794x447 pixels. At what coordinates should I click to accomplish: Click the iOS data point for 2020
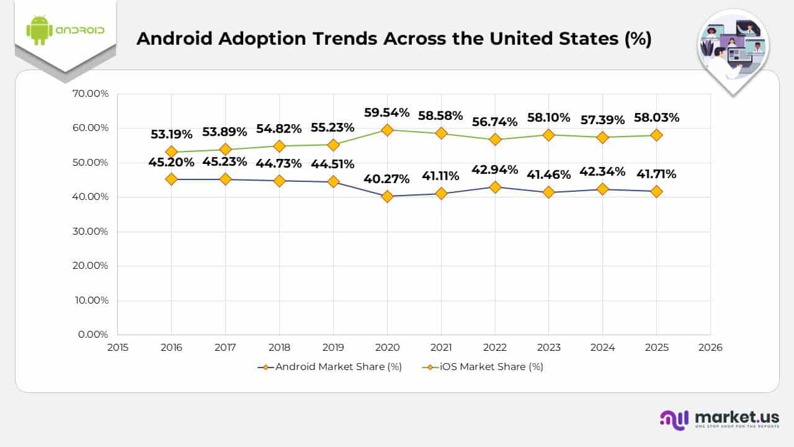coord(387,130)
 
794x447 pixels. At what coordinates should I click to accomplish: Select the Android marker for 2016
coord(172,179)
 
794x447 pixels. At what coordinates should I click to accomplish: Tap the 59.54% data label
coord(387,112)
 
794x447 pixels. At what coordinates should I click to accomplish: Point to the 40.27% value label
coord(387,179)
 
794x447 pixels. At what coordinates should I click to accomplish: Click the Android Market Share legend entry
coord(330,367)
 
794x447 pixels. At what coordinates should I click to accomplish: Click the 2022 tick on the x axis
coord(494,348)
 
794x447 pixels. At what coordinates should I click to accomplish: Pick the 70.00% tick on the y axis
coord(91,94)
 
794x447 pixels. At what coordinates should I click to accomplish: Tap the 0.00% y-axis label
coord(94,334)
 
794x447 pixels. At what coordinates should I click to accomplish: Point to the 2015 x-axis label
coord(117,348)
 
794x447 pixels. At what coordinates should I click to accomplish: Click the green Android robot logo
coord(38,30)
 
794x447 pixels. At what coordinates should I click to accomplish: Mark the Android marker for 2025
coord(656,192)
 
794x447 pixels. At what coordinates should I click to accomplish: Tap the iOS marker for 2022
coord(494,140)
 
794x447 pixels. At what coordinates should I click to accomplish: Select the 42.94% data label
coord(495,169)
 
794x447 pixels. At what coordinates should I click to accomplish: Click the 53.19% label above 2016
coord(172,134)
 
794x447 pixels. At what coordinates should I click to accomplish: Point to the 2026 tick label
coord(710,348)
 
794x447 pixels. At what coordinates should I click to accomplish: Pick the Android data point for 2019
coord(333,182)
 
